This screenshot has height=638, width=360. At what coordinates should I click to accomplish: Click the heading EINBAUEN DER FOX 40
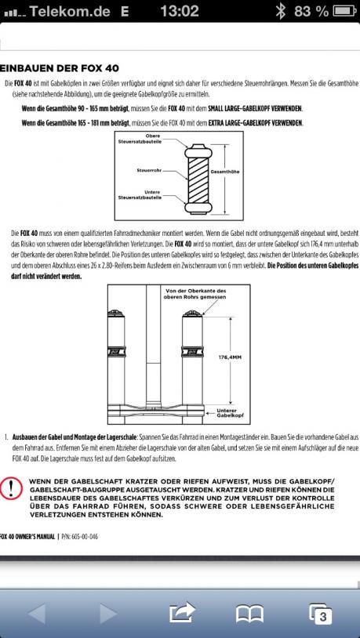click(60, 68)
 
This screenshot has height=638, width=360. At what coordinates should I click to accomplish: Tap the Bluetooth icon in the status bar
click(280, 11)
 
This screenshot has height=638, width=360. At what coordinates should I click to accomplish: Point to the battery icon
click(344, 11)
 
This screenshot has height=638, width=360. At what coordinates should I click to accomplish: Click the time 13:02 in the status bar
click(179, 11)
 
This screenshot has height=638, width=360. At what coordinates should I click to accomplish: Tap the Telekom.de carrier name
click(69, 12)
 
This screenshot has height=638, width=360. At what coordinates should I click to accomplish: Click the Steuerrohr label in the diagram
click(150, 172)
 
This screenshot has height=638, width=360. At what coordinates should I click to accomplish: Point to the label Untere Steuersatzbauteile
click(140, 194)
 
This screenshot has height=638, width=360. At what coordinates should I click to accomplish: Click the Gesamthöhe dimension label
click(224, 172)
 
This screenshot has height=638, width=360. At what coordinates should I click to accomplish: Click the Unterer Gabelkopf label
click(227, 413)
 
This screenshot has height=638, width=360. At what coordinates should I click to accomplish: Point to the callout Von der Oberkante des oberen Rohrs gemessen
click(195, 294)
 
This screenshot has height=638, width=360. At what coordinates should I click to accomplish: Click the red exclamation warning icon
click(11, 487)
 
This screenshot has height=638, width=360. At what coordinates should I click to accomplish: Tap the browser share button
click(182, 613)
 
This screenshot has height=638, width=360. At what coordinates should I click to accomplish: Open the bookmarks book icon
click(249, 614)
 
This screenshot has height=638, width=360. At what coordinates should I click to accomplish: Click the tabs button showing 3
click(320, 614)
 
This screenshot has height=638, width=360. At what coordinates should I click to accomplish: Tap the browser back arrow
click(38, 614)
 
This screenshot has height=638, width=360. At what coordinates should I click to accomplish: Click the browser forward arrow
click(108, 614)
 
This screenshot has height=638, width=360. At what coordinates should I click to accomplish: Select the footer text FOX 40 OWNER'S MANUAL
click(27, 536)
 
